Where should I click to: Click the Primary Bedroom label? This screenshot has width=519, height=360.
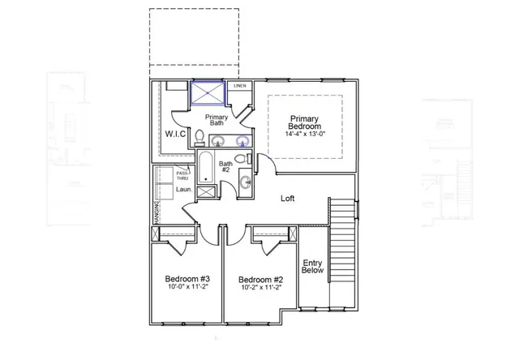pyautogui.click(x=306, y=122)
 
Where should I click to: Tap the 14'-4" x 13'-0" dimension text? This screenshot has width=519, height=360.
pyautogui.click(x=306, y=135)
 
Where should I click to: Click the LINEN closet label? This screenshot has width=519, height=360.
pyautogui.click(x=240, y=85)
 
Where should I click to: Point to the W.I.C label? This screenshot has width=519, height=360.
pyautogui.click(x=176, y=133)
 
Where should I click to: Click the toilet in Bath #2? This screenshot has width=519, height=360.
pyautogui.click(x=245, y=159)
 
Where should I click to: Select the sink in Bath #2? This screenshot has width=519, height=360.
pyautogui.click(x=244, y=184)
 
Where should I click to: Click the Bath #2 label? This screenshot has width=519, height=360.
pyautogui.click(x=225, y=167)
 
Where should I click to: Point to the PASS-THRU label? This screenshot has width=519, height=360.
pyautogui.click(x=183, y=175)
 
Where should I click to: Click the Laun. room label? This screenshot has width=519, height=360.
pyautogui.click(x=183, y=191)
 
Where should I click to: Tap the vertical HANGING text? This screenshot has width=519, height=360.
pyautogui.click(x=156, y=212)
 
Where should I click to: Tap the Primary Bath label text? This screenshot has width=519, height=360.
pyautogui.click(x=216, y=121)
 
